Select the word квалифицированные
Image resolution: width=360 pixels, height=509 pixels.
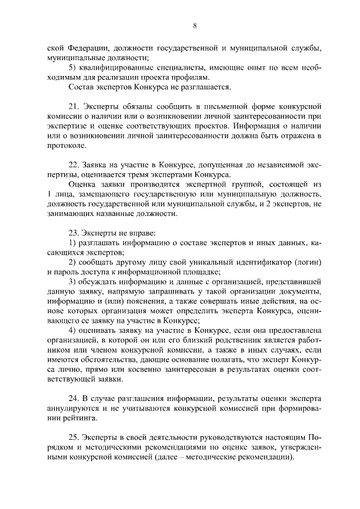coord(117,67)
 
